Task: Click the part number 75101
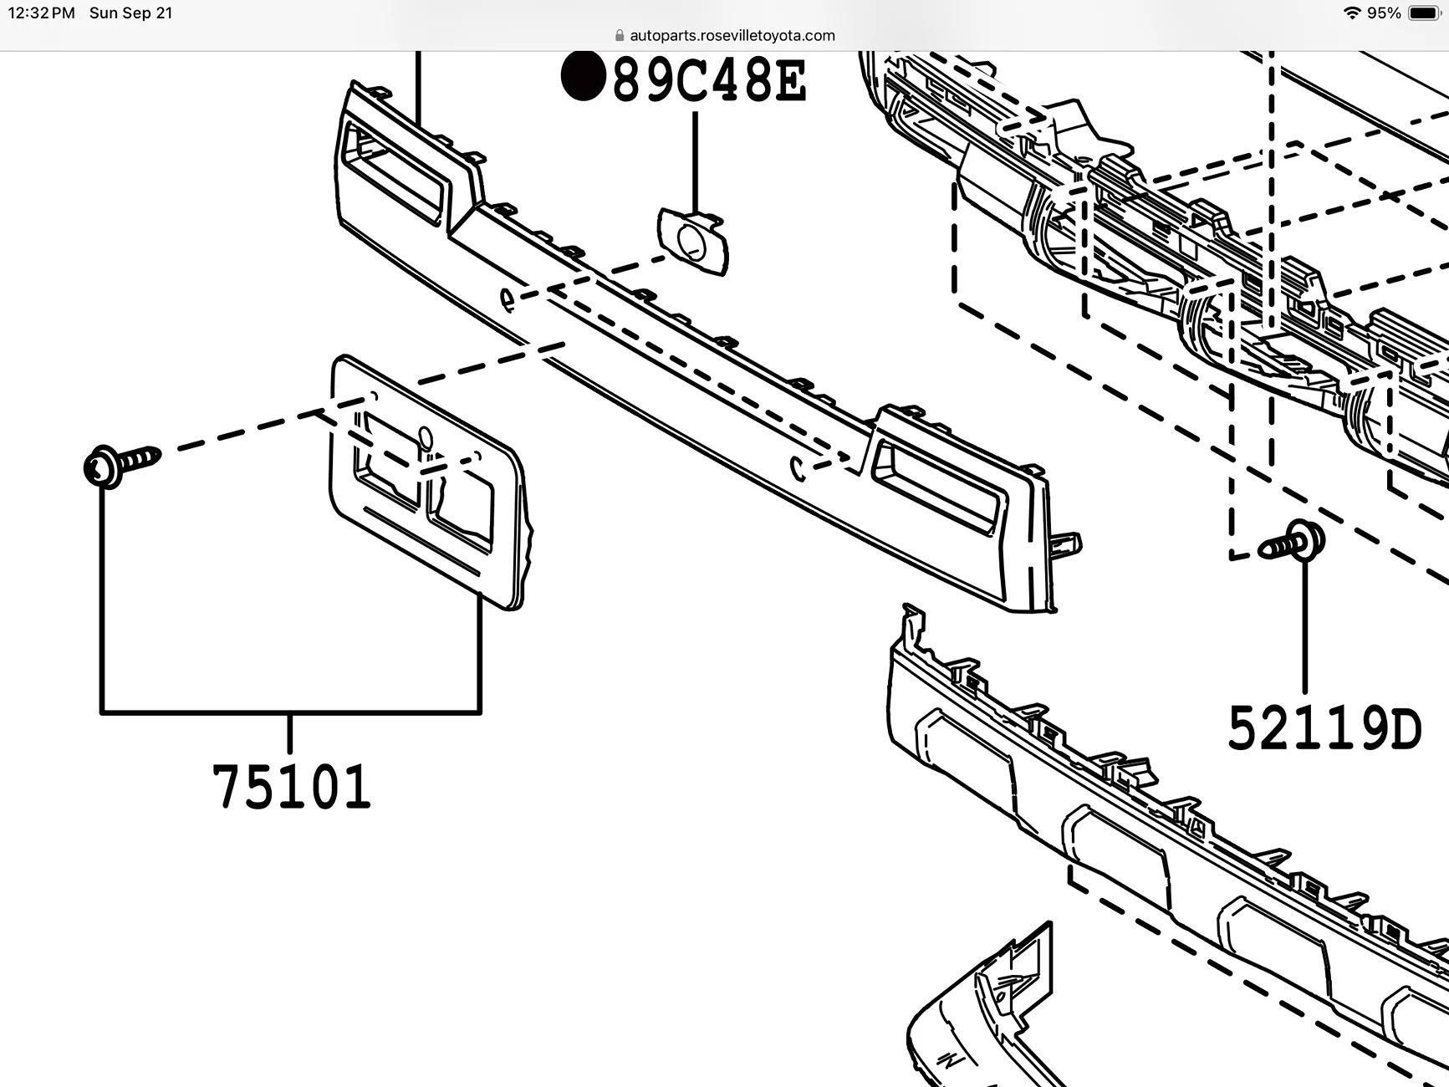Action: click(x=291, y=787)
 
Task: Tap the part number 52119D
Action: click(x=1324, y=729)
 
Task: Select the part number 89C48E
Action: click(x=709, y=81)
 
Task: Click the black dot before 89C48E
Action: click(x=583, y=76)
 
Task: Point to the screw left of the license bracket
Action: click(x=121, y=464)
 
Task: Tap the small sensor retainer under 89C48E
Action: click(x=693, y=242)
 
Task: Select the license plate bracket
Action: click(x=426, y=485)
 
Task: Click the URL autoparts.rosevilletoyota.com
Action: click(x=732, y=35)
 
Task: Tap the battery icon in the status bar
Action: click(x=1423, y=13)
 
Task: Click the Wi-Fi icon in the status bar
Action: click(x=1351, y=13)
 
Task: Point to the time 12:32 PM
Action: click(x=41, y=13)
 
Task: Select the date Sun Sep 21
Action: click(x=130, y=13)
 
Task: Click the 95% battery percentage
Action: click(x=1384, y=13)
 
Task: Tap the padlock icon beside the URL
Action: click(x=620, y=35)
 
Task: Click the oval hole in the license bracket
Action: click(x=425, y=438)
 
